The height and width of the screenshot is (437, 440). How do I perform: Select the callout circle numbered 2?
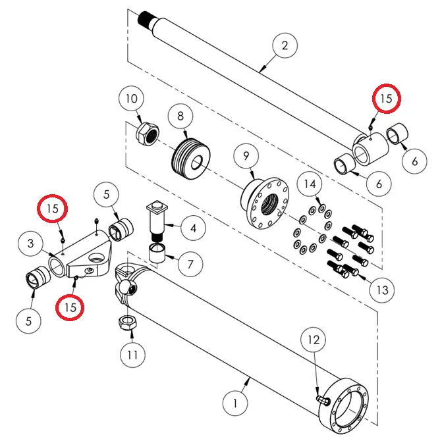click(x=285, y=46)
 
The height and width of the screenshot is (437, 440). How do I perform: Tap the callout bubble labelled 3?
click(x=31, y=244)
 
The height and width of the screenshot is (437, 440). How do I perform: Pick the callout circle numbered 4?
click(x=192, y=229)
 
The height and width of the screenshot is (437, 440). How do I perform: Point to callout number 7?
click(x=190, y=265)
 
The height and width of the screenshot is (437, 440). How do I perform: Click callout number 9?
click(x=246, y=157)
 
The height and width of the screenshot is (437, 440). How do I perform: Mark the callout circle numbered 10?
click(x=132, y=99)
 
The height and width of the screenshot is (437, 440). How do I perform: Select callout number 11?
click(x=133, y=355)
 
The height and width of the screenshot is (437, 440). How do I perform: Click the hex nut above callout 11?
click(x=126, y=322)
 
